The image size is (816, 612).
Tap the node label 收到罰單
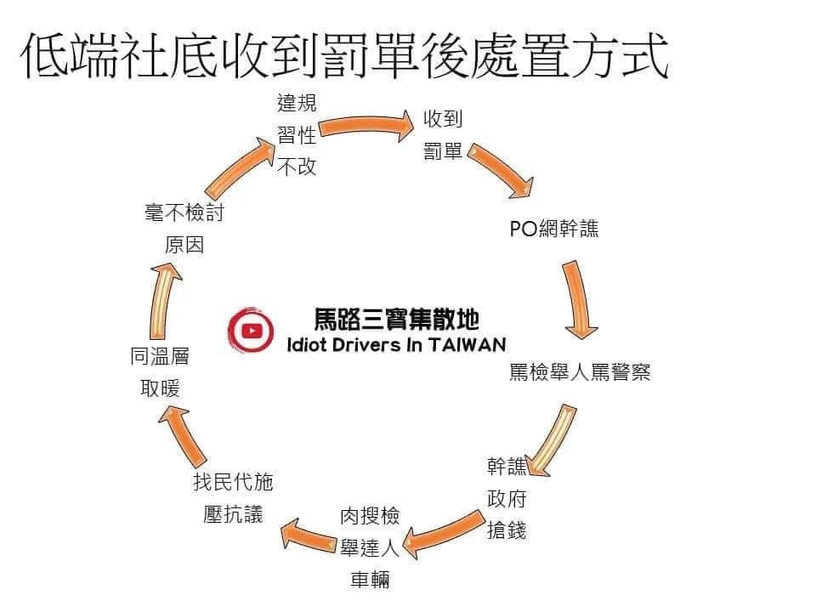(x=443, y=135)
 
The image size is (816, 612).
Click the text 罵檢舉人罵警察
(x=580, y=372)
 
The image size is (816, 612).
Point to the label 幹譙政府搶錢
(x=507, y=498)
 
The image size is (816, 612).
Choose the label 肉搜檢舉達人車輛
(x=370, y=547)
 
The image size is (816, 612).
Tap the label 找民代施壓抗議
(x=233, y=498)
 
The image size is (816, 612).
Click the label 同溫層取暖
(x=160, y=372)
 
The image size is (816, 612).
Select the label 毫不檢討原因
(x=184, y=229)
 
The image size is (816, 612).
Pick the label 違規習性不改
(x=297, y=135)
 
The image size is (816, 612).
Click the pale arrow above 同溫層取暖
(x=165, y=302)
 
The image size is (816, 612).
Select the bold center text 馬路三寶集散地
(x=396, y=320)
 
